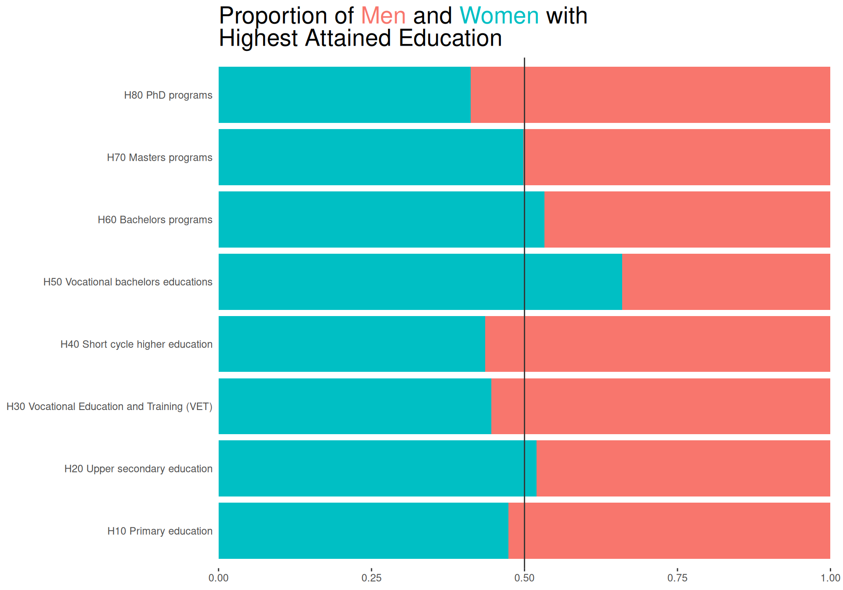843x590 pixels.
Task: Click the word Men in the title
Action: click(x=383, y=16)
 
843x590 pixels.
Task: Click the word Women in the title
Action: click(x=499, y=16)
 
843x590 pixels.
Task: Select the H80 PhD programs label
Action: click(x=168, y=95)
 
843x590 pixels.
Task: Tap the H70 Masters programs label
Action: click(x=159, y=158)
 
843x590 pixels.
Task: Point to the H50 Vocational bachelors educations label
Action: click(x=128, y=282)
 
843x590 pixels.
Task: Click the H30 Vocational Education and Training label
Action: click(x=109, y=407)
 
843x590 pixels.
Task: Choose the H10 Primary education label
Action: click(x=160, y=531)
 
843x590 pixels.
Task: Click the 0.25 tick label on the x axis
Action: click(x=371, y=578)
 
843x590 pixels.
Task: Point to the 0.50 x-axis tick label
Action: click(x=524, y=578)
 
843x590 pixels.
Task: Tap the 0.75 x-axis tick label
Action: click(x=677, y=578)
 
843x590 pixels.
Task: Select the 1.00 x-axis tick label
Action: click(x=830, y=578)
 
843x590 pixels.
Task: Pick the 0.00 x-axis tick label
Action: click(x=219, y=578)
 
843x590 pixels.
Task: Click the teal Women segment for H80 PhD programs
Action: click(x=344, y=95)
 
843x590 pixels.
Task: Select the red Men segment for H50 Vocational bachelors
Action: click(x=726, y=282)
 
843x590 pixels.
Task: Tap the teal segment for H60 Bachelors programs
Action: click(x=381, y=219)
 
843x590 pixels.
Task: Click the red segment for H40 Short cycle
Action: click(x=657, y=344)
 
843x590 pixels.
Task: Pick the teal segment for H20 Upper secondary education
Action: click(x=377, y=468)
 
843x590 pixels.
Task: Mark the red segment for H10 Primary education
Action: click(x=669, y=531)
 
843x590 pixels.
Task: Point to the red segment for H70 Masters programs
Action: click(x=677, y=157)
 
